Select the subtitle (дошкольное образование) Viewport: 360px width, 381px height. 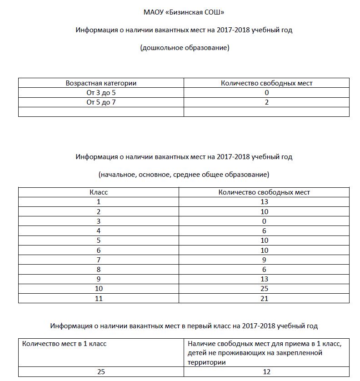tap(184, 48)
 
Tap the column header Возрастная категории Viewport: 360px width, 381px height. tap(101, 83)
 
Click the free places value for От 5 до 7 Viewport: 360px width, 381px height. tap(267, 102)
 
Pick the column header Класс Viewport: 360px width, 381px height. tap(99, 192)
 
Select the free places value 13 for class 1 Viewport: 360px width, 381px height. tap(264, 202)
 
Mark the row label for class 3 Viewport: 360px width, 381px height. tap(99, 221)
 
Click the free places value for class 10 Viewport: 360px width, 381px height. tap(264, 289)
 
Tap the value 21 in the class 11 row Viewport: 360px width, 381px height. tap(264, 299)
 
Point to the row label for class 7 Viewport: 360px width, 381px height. tap(99, 260)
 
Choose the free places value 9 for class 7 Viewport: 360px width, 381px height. tap(264, 260)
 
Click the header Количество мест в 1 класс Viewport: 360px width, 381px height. tap(64, 344)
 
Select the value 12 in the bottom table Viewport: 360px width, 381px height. tap(267, 372)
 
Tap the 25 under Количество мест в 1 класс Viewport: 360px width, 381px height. tap(101, 372)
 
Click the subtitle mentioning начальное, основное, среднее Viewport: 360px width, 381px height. tap(184, 174)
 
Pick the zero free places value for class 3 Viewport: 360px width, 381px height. tap(264, 221)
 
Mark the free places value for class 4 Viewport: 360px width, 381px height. tap(264, 231)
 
